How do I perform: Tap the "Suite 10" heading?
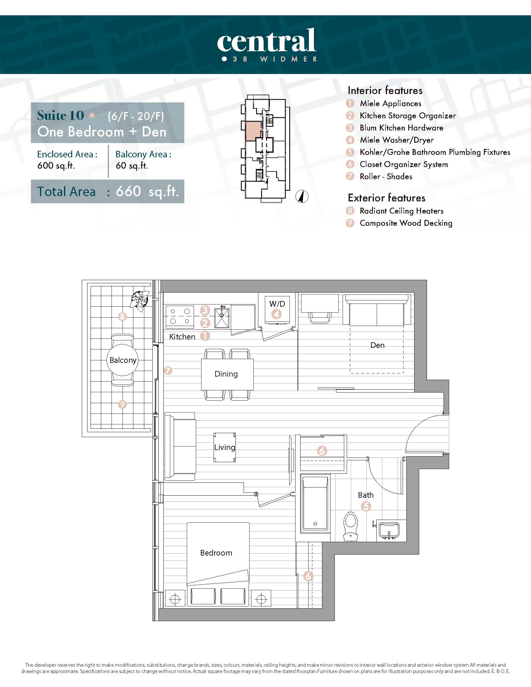coord(60,116)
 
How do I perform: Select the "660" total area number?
coord(128,191)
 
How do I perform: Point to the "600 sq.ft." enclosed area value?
coord(56,166)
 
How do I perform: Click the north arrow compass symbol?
coord(302,197)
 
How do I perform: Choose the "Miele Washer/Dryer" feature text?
coord(397,140)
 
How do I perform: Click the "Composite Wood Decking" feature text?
coord(406,223)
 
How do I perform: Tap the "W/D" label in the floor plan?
coord(277,304)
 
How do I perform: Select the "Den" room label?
coord(378,345)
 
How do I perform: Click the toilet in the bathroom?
coord(350,526)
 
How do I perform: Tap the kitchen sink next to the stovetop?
coord(222,316)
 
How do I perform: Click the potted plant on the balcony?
coord(139,299)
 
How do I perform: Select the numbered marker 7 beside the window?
coord(168,371)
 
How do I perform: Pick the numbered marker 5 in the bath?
coord(366,506)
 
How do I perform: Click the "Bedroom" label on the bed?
coord(216,553)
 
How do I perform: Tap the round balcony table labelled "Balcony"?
coord(123,360)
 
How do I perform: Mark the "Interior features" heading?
coord(385,91)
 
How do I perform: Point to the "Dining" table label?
coord(226,374)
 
